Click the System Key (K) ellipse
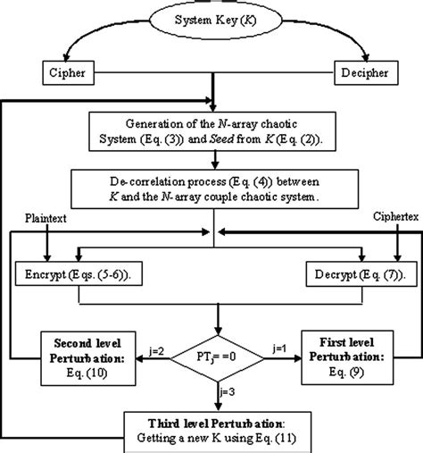coord(211,18)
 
